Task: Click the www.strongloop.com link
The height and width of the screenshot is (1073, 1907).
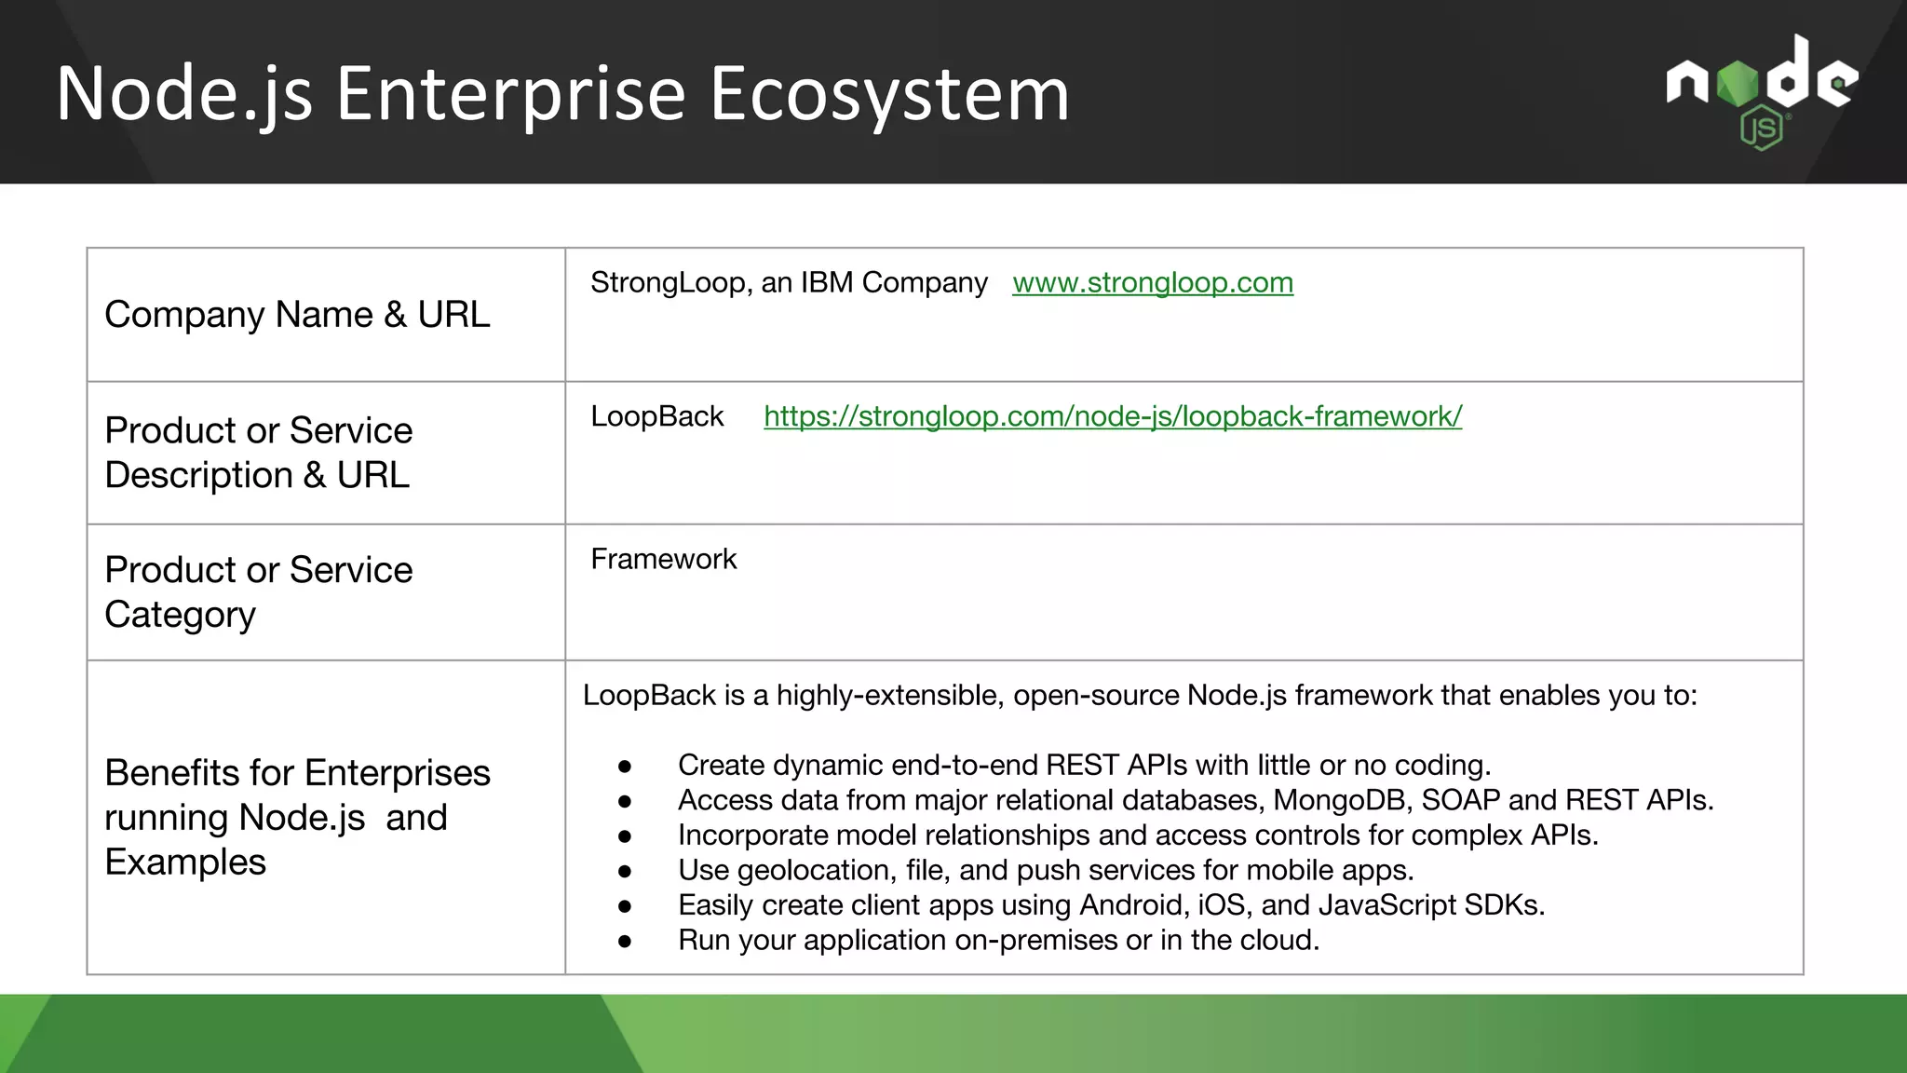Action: pyautogui.click(x=1152, y=282)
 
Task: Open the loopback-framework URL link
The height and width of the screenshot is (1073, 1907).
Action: pyautogui.click(x=1112, y=416)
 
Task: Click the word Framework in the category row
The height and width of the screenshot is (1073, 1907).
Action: pyautogui.click(x=663, y=559)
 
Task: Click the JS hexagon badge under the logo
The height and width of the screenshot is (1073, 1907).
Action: pyautogui.click(x=1761, y=129)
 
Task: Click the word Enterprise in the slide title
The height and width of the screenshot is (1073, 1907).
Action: pyautogui.click(x=510, y=93)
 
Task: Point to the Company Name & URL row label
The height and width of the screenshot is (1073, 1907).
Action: pyautogui.click(x=297, y=315)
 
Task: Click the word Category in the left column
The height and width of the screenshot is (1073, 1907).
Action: pyautogui.click(x=180, y=615)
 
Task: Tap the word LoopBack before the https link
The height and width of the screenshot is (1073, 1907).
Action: pyautogui.click(x=656, y=416)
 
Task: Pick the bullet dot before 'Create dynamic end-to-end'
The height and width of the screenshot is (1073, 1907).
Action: pyautogui.click(x=625, y=767)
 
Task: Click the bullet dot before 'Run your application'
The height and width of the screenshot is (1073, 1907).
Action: pyautogui.click(x=625, y=942)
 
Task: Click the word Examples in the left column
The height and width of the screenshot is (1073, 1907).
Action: pyautogui.click(x=185, y=862)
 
